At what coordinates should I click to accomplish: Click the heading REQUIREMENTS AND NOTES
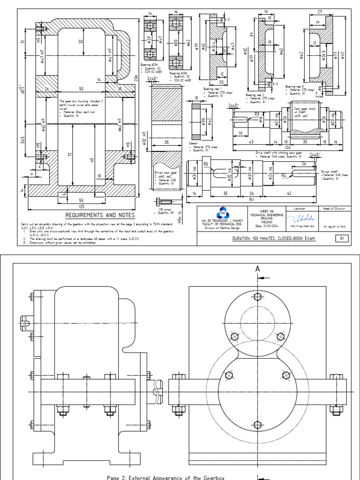tap(100, 215)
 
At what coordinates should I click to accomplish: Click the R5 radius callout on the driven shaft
tap(205, 164)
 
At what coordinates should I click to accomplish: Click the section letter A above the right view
tap(257, 269)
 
